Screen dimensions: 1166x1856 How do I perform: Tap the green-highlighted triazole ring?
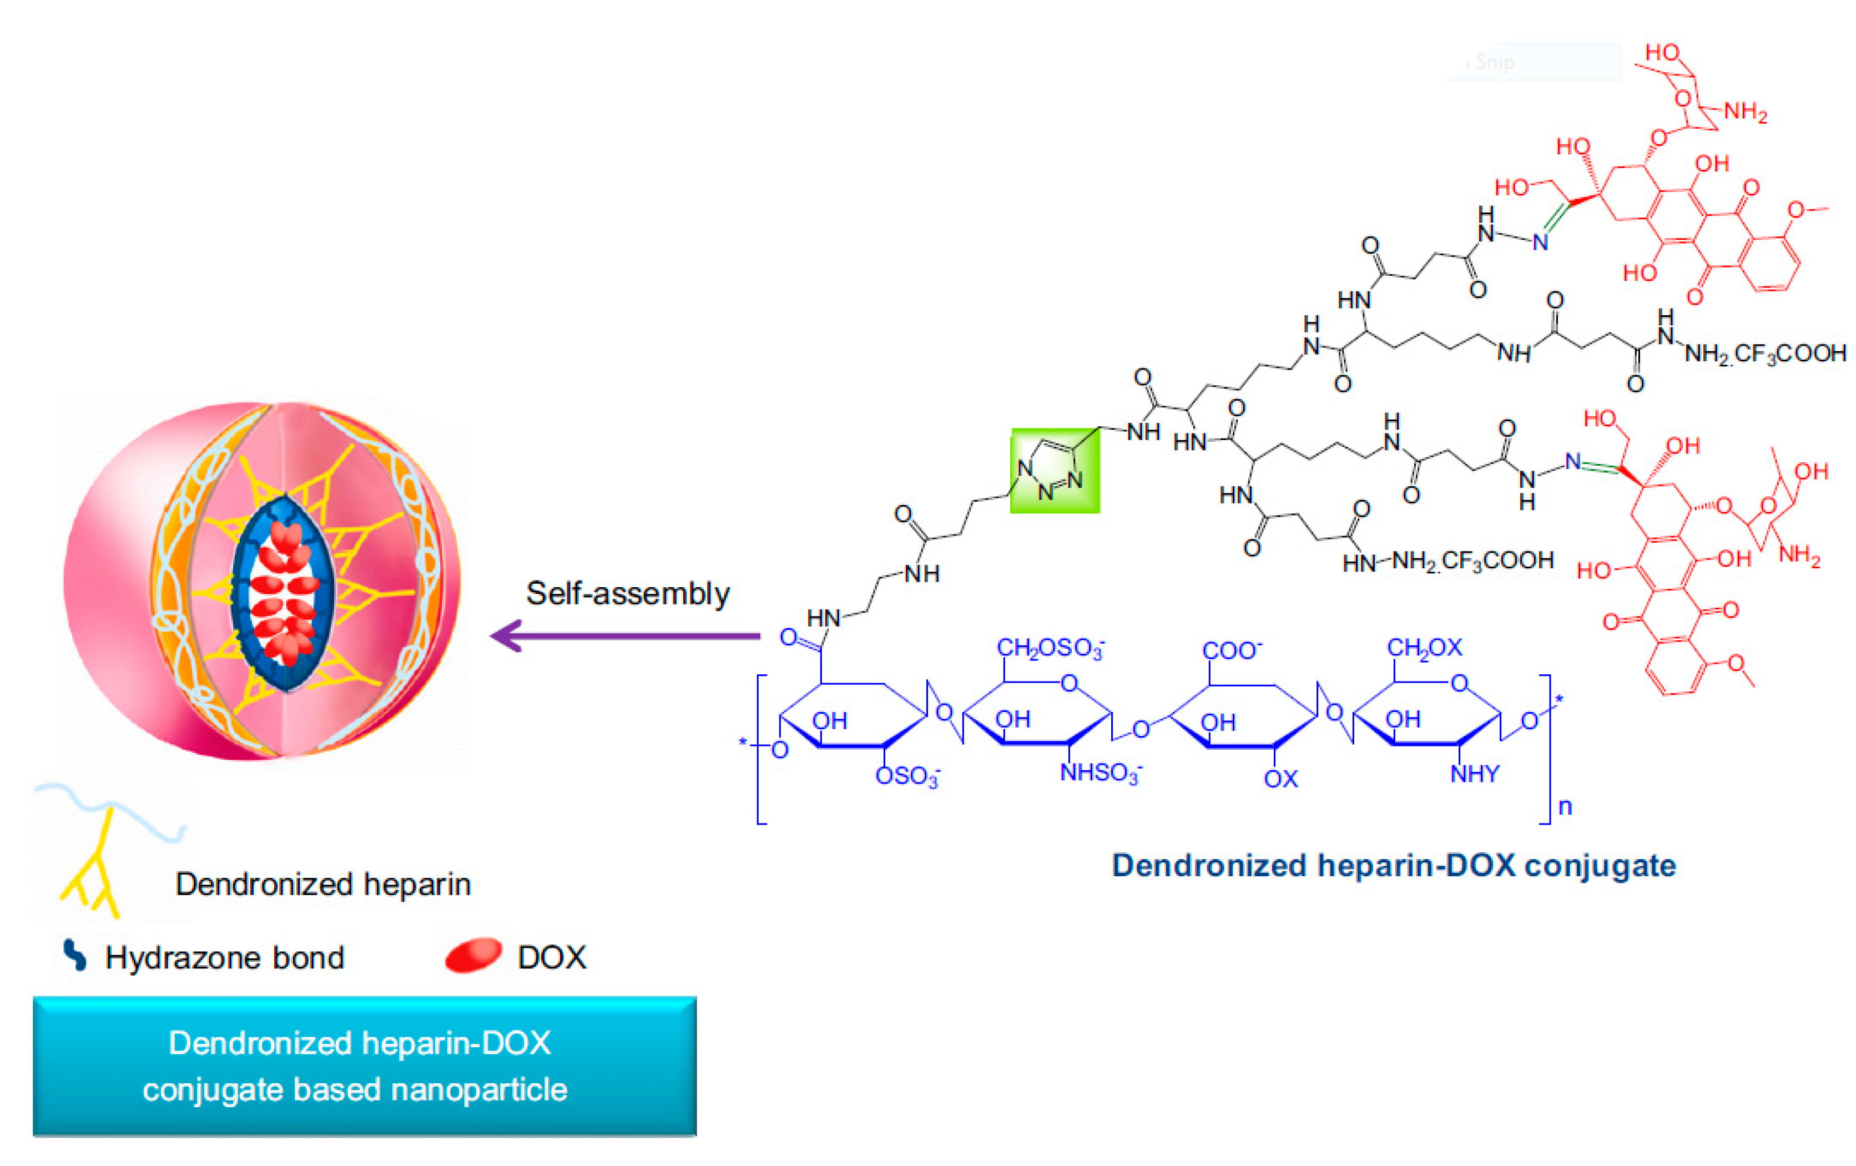point(1055,471)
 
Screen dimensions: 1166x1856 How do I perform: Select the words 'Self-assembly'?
point(627,593)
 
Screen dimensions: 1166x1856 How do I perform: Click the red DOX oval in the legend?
point(473,955)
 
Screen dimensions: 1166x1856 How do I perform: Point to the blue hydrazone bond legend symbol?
point(75,955)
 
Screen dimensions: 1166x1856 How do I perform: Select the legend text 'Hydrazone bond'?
point(224,957)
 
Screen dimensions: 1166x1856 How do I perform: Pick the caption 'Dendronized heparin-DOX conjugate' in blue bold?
point(1394,865)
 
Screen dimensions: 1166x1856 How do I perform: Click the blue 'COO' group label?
point(1232,651)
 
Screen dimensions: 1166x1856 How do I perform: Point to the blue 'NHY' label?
point(1475,774)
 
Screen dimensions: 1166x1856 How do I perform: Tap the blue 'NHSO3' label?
point(1101,772)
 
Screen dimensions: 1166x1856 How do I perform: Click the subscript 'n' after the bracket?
point(1565,807)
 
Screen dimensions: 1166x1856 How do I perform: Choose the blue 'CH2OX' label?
point(1424,647)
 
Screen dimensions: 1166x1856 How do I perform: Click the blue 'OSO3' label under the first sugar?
point(907,776)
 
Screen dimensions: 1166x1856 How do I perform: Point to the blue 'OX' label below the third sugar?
point(1280,779)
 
